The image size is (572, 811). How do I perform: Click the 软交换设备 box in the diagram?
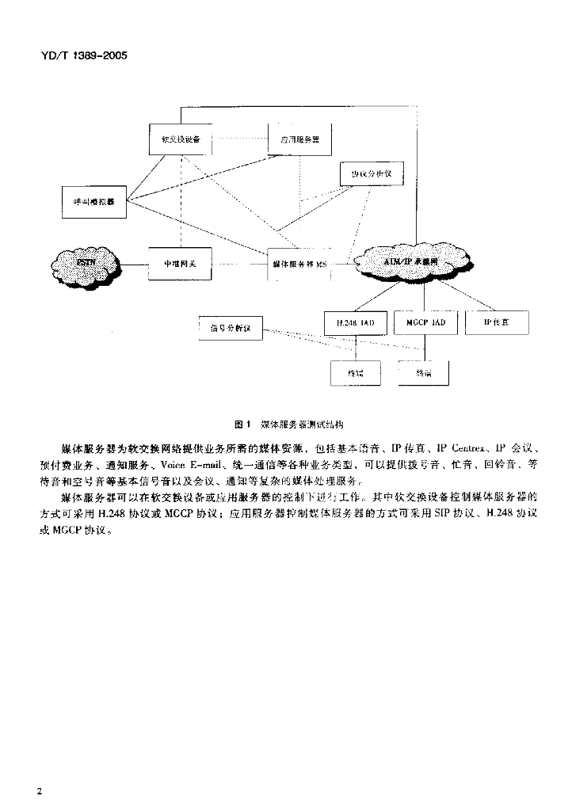(x=181, y=139)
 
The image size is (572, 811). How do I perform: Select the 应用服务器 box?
(x=299, y=139)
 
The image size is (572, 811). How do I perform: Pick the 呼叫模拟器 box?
(x=93, y=201)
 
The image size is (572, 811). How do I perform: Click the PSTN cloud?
(x=86, y=262)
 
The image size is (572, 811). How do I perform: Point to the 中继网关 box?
(x=181, y=263)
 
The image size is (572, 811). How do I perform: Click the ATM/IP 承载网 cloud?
(x=413, y=261)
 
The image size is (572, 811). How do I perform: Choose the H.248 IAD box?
(x=356, y=323)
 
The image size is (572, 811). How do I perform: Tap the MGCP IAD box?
(x=425, y=323)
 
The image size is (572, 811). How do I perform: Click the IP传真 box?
(x=496, y=323)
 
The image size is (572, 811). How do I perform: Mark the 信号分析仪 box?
(x=230, y=326)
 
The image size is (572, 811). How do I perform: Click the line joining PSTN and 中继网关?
(x=134, y=263)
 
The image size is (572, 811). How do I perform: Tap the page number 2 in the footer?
(x=39, y=790)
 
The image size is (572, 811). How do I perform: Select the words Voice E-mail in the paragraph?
(x=187, y=463)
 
